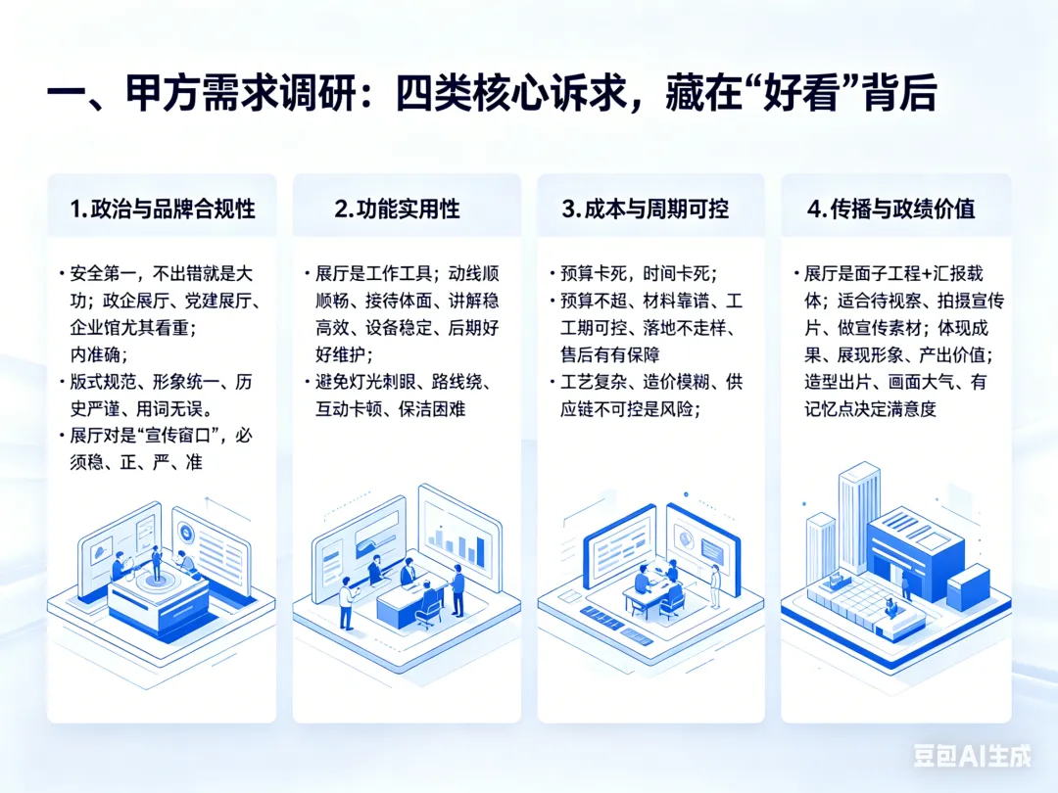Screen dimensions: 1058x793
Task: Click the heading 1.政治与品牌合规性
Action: [x=163, y=209]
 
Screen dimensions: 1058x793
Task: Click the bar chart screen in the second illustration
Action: [x=460, y=536]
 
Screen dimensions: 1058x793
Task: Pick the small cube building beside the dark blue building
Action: [x=968, y=585]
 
